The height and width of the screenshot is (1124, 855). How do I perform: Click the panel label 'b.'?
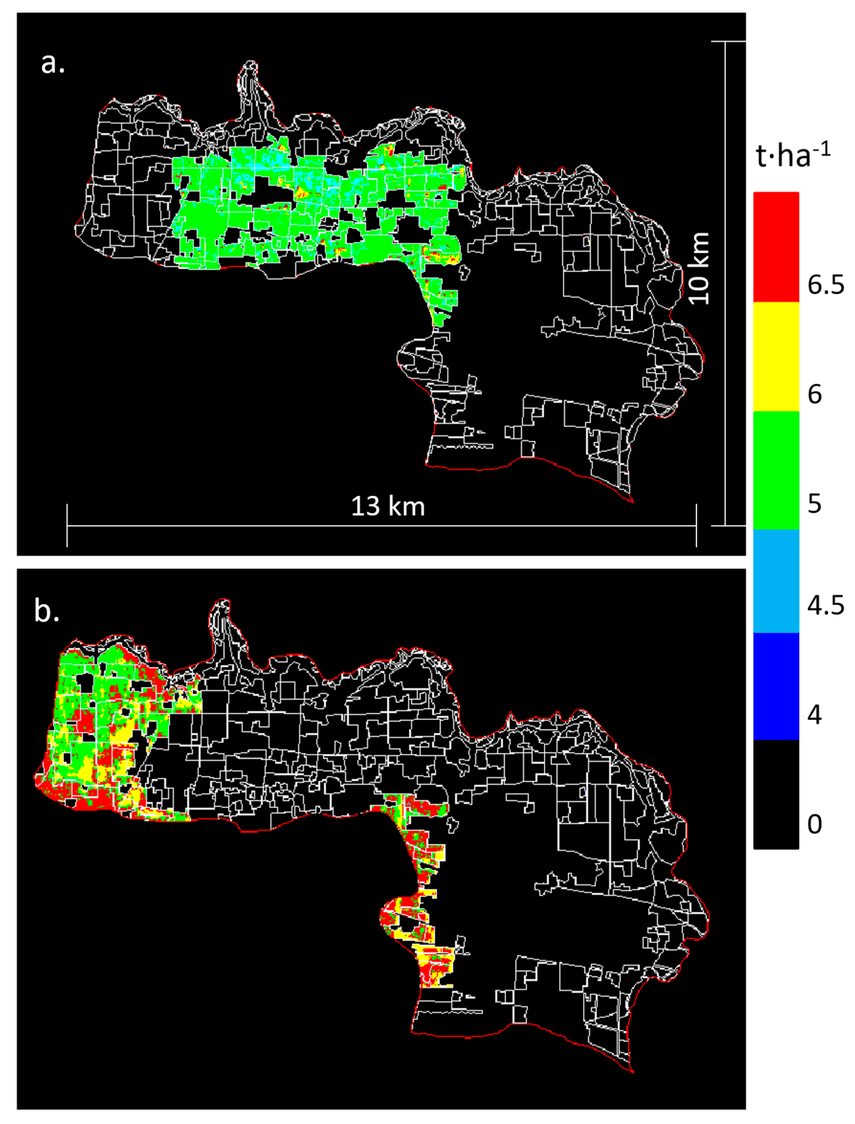tap(47, 611)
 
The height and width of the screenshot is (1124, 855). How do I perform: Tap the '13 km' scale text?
tap(388, 506)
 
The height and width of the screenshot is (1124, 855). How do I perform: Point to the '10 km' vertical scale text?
tap(699, 268)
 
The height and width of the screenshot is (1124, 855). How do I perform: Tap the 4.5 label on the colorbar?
tap(826, 605)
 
